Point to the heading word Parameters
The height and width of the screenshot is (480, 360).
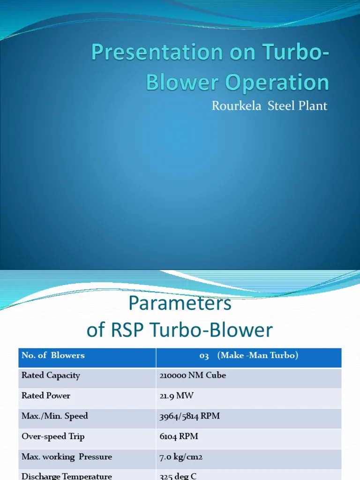pyautogui.click(x=180, y=304)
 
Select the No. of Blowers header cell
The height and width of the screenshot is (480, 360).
pyautogui.click(x=53, y=355)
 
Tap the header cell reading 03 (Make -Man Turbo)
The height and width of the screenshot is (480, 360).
pyautogui.click(x=248, y=355)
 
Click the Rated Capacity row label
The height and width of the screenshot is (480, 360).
pyautogui.click(x=51, y=375)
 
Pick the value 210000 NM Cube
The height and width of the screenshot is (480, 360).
pyautogui.click(x=193, y=375)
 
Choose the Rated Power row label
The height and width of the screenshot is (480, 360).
pyautogui.click(x=46, y=396)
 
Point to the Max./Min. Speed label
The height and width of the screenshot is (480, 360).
pyautogui.click(x=54, y=416)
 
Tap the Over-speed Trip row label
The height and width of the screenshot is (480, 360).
pyautogui.click(x=53, y=436)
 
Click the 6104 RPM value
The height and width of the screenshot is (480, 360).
pyautogui.click(x=179, y=436)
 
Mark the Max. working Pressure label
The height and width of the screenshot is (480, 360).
pyautogui.click(x=67, y=457)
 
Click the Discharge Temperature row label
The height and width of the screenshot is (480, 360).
pyautogui.click(x=67, y=476)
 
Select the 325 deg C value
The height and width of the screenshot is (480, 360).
pyautogui.click(x=178, y=476)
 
